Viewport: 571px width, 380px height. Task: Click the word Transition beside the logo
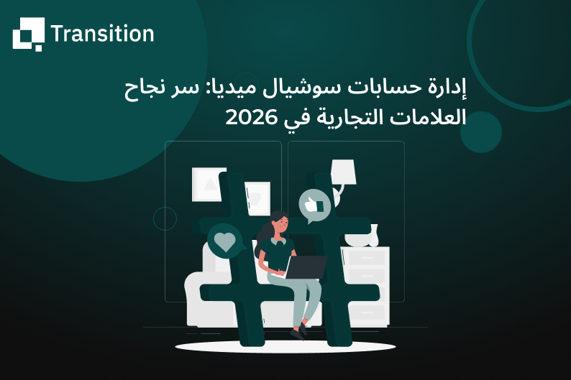pyautogui.click(x=102, y=34)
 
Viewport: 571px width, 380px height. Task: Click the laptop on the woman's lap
pyautogui.click(x=305, y=267)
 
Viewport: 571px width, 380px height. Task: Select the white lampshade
pyautogui.click(x=343, y=171)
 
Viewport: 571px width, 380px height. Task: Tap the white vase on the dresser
pyautogui.click(x=372, y=235)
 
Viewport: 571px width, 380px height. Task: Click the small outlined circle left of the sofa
pyautogui.click(x=165, y=218)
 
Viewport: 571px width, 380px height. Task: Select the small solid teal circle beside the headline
pyautogui.click(x=480, y=132)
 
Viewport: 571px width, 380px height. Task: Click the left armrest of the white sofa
pyautogui.click(x=196, y=295)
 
